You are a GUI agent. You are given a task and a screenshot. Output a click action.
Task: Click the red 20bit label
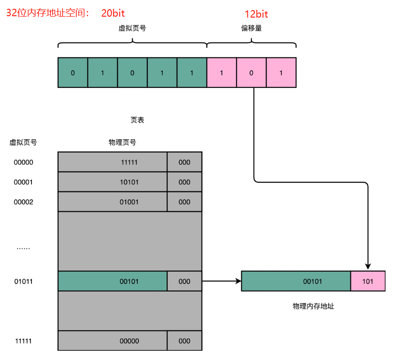(113, 13)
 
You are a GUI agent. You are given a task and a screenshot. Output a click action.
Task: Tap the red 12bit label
(256, 14)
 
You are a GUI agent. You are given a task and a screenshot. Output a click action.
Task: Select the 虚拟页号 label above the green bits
(132, 28)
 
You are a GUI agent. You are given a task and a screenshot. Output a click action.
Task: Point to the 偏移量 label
(251, 28)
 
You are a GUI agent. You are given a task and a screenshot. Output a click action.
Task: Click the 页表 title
(137, 120)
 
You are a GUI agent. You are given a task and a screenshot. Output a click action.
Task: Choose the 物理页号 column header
(122, 143)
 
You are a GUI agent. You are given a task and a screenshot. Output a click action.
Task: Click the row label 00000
(23, 162)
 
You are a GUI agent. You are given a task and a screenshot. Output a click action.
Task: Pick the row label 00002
(23, 202)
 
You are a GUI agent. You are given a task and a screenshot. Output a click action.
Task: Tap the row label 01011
(23, 281)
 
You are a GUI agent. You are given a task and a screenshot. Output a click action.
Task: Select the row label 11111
(23, 341)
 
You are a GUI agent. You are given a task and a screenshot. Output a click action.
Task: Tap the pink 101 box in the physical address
(368, 281)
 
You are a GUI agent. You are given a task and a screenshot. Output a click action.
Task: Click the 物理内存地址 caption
(313, 306)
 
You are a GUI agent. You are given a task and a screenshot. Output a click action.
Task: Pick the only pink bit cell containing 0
(251, 73)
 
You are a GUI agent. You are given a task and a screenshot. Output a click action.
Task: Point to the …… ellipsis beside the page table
(23, 248)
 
